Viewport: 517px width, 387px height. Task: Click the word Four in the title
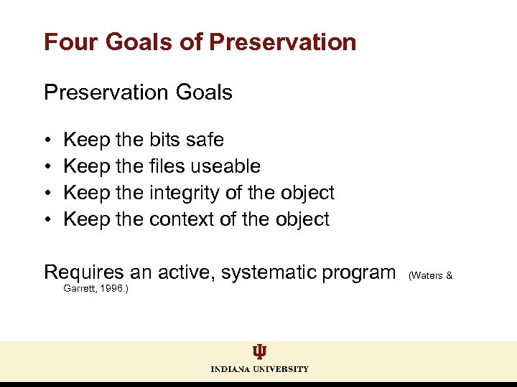pos(70,42)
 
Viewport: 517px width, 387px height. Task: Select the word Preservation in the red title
pos(282,42)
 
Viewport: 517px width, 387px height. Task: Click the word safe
pos(205,140)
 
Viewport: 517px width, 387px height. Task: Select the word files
pos(168,166)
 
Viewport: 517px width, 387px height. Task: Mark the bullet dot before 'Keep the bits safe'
pos(47,140)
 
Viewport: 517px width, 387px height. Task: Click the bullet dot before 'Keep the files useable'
pos(47,167)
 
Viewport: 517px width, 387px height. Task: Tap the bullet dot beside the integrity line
pos(47,193)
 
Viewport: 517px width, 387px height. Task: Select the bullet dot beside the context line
pos(47,220)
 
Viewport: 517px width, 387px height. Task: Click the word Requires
pos(85,272)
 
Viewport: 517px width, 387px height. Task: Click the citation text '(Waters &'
pos(430,275)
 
